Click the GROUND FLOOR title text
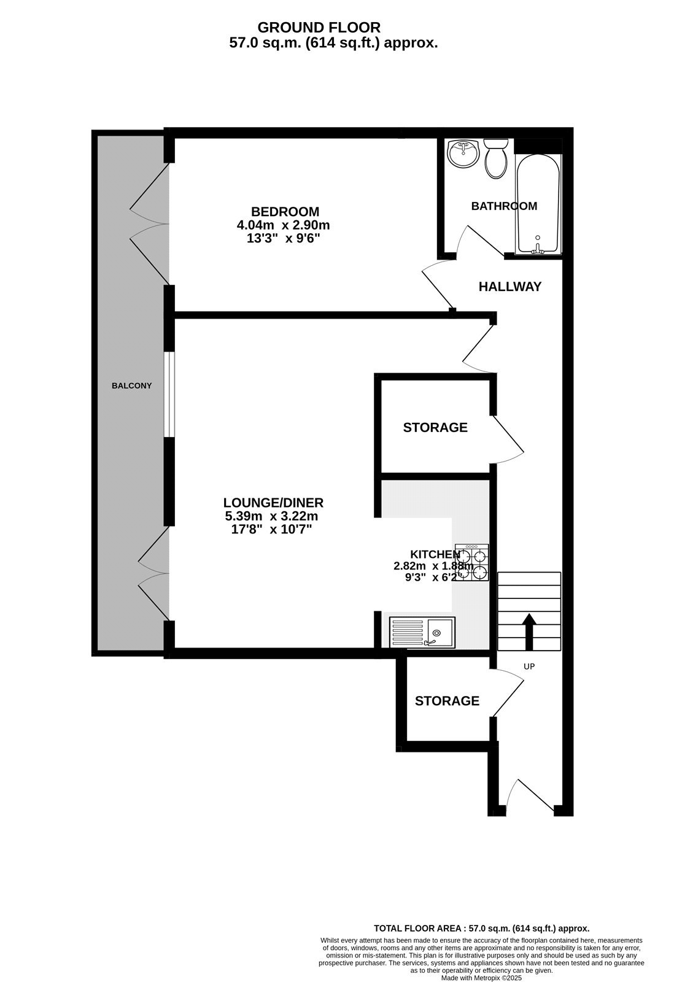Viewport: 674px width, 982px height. pyautogui.click(x=319, y=28)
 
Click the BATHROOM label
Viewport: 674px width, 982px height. pyautogui.click(x=504, y=206)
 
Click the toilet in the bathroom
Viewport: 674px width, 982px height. pyautogui.click(x=495, y=158)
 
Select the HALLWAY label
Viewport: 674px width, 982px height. pyautogui.click(x=510, y=287)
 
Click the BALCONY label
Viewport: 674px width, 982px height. pyautogui.click(x=131, y=386)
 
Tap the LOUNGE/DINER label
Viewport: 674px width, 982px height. pyautogui.click(x=273, y=503)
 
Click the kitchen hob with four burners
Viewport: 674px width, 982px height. pyautogui.click(x=472, y=563)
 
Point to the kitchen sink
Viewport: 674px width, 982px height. pyautogui.click(x=422, y=632)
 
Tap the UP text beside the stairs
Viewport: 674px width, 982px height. pyautogui.click(x=529, y=666)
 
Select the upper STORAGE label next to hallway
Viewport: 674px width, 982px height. pyautogui.click(x=435, y=427)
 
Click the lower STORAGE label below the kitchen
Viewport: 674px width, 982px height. pyautogui.click(x=447, y=701)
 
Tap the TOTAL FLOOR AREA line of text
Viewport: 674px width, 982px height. pyautogui.click(x=481, y=929)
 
